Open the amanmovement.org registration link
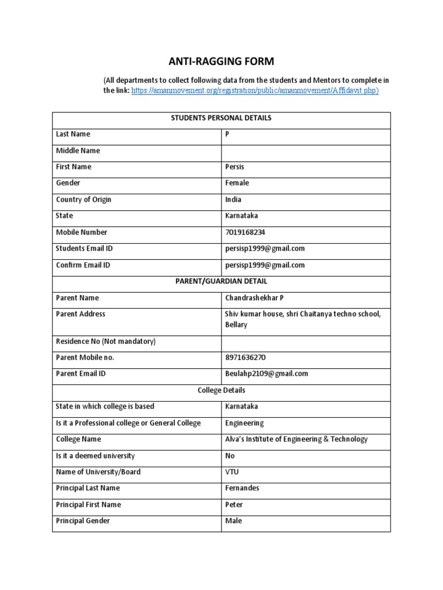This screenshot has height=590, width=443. [x=255, y=91]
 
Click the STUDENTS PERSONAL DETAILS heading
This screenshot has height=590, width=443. [x=221, y=118]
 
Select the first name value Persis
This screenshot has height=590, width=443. [x=235, y=167]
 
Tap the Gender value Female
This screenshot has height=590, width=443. [x=237, y=183]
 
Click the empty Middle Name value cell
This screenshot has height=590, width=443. [x=306, y=151]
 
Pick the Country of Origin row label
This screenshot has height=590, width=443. [x=84, y=200]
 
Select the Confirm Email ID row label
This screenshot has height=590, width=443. [x=82, y=266]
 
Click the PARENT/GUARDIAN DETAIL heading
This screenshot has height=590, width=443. [x=221, y=282]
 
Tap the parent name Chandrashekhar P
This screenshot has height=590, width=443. [x=254, y=298]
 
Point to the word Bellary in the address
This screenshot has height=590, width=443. [x=236, y=325]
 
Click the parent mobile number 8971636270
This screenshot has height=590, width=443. [x=245, y=358]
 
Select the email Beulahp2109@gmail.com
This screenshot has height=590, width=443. [x=266, y=374]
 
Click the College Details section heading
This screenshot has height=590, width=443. [x=221, y=391]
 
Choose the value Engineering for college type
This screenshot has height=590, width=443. [x=244, y=423]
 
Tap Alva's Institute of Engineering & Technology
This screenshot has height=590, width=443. [x=296, y=440]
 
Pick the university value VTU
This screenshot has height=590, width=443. [x=232, y=472]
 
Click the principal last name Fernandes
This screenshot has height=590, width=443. [x=242, y=489]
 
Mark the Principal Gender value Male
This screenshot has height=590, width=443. [x=234, y=521]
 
